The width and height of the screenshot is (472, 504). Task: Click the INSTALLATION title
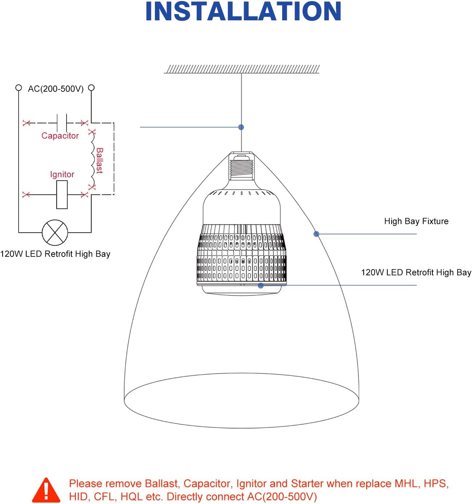(243, 12)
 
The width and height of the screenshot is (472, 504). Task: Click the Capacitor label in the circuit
(60, 136)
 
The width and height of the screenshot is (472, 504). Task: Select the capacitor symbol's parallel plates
(62, 123)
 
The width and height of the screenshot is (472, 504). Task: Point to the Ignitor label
(62, 174)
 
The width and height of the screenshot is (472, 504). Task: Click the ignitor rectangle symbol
(62, 195)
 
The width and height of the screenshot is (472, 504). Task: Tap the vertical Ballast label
(100, 160)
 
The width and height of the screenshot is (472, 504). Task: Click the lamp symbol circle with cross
(55, 233)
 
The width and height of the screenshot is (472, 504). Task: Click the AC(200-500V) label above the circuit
(56, 89)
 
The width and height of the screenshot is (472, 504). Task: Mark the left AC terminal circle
(19, 88)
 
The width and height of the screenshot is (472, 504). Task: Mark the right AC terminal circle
(91, 88)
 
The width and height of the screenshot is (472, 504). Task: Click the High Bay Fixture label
(416, 221)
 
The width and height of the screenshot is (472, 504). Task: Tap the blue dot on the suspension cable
(241, 127)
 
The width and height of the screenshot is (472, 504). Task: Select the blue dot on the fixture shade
(316, 234)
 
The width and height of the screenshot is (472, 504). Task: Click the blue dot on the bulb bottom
(261, 286)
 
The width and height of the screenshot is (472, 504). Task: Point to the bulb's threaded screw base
(242, 168)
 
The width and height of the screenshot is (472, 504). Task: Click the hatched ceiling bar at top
(242, 69)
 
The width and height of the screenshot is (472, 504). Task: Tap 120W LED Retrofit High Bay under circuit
(55, 254)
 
